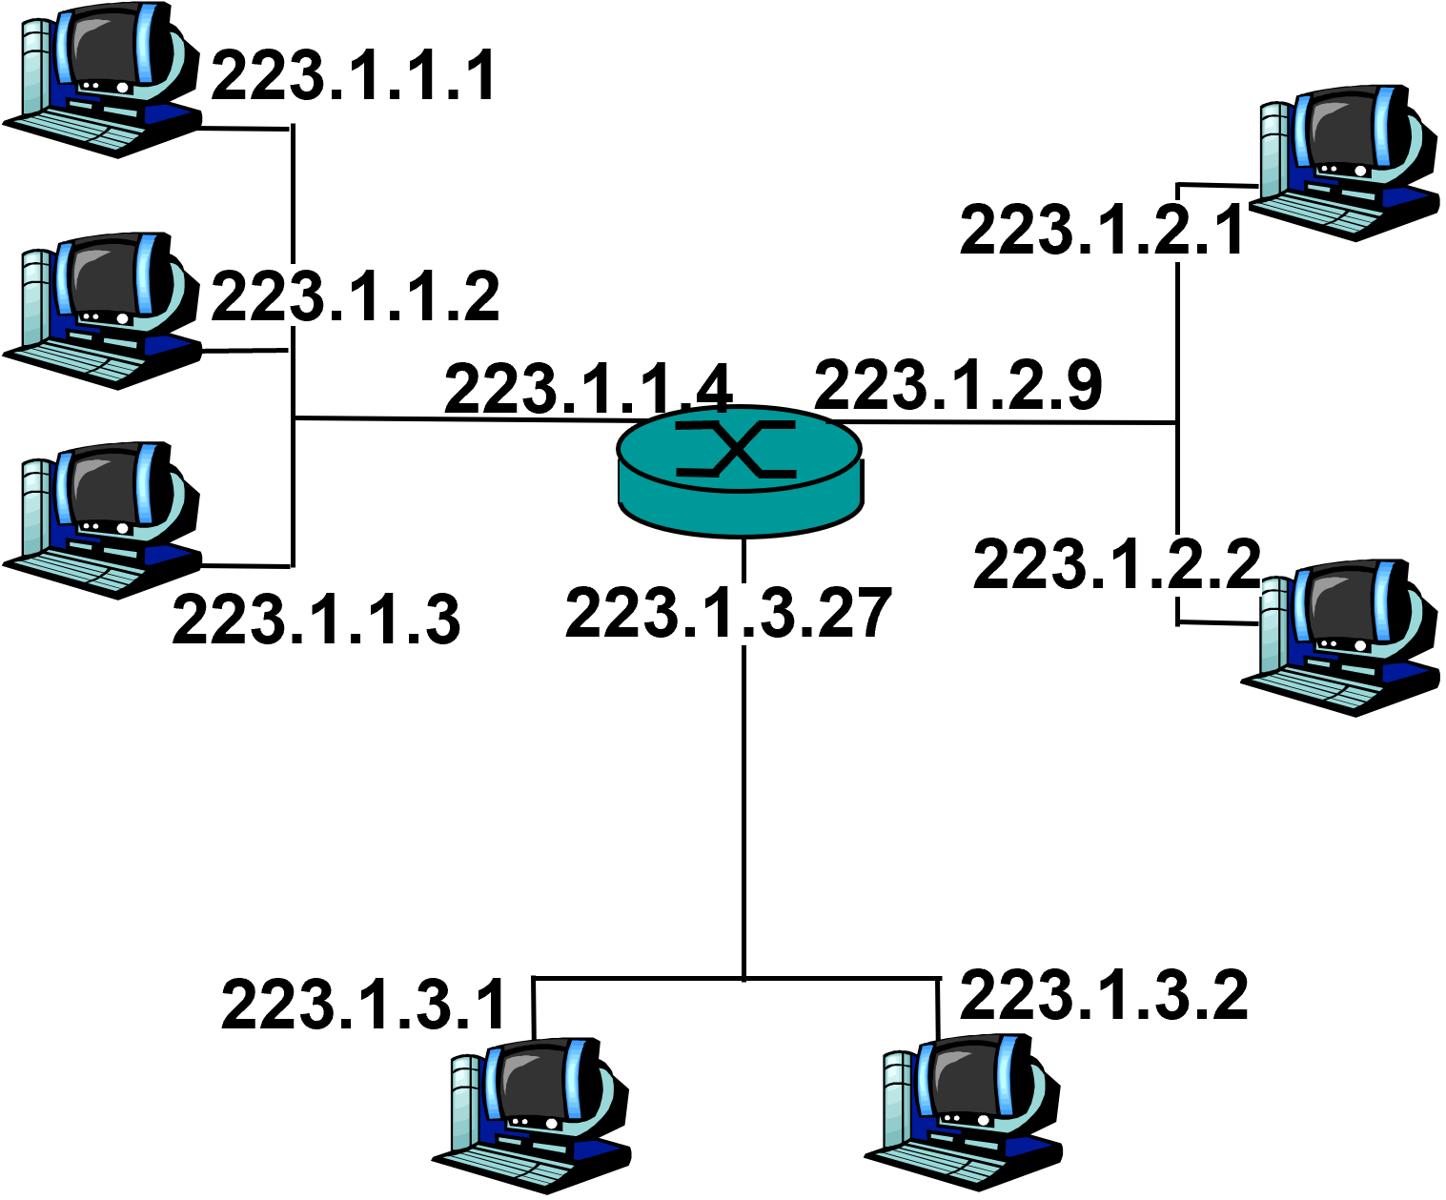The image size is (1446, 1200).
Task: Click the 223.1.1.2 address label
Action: coord(353,295)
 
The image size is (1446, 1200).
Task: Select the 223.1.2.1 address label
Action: coord(1103,231)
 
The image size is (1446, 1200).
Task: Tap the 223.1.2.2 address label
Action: coord(1116,565)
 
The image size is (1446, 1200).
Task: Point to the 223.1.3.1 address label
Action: coord(364,1005)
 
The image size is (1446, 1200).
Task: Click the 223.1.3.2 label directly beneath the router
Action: coord(708,614)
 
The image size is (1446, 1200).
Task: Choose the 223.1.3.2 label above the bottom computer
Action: coord(1103,996)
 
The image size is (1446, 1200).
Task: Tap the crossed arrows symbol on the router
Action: coord(736,447)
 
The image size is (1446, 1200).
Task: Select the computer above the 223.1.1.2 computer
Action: coord(100,74)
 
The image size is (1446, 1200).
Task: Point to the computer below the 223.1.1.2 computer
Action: coord(100,516)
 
